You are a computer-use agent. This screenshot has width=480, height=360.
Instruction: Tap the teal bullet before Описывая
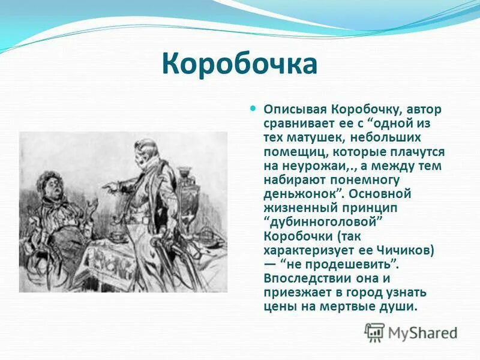point(253,109)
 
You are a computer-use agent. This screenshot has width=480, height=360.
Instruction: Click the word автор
point(423,110)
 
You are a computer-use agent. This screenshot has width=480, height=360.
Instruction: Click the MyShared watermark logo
point(412,332)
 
